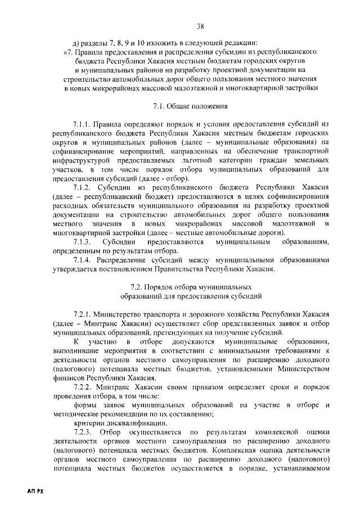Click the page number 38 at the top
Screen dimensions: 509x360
point(200,25)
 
